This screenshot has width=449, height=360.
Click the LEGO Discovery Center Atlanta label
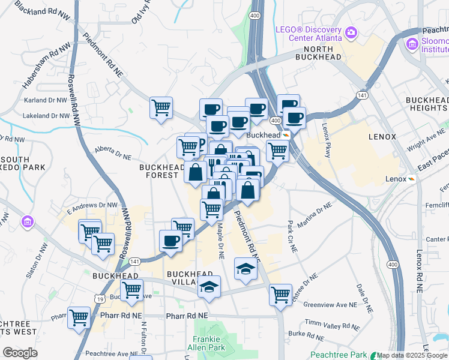pos(309,34)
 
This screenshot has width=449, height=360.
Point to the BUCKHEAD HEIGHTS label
pos(426,103)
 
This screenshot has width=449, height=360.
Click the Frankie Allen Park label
pos(208,343)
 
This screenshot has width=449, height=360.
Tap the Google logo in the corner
pos(20,353)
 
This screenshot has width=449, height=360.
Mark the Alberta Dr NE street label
pos(113,152)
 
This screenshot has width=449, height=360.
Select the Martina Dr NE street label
pos(314,215)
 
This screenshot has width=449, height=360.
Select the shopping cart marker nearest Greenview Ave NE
pos(280,294)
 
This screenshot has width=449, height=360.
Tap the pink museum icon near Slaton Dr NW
pos(27,223)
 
